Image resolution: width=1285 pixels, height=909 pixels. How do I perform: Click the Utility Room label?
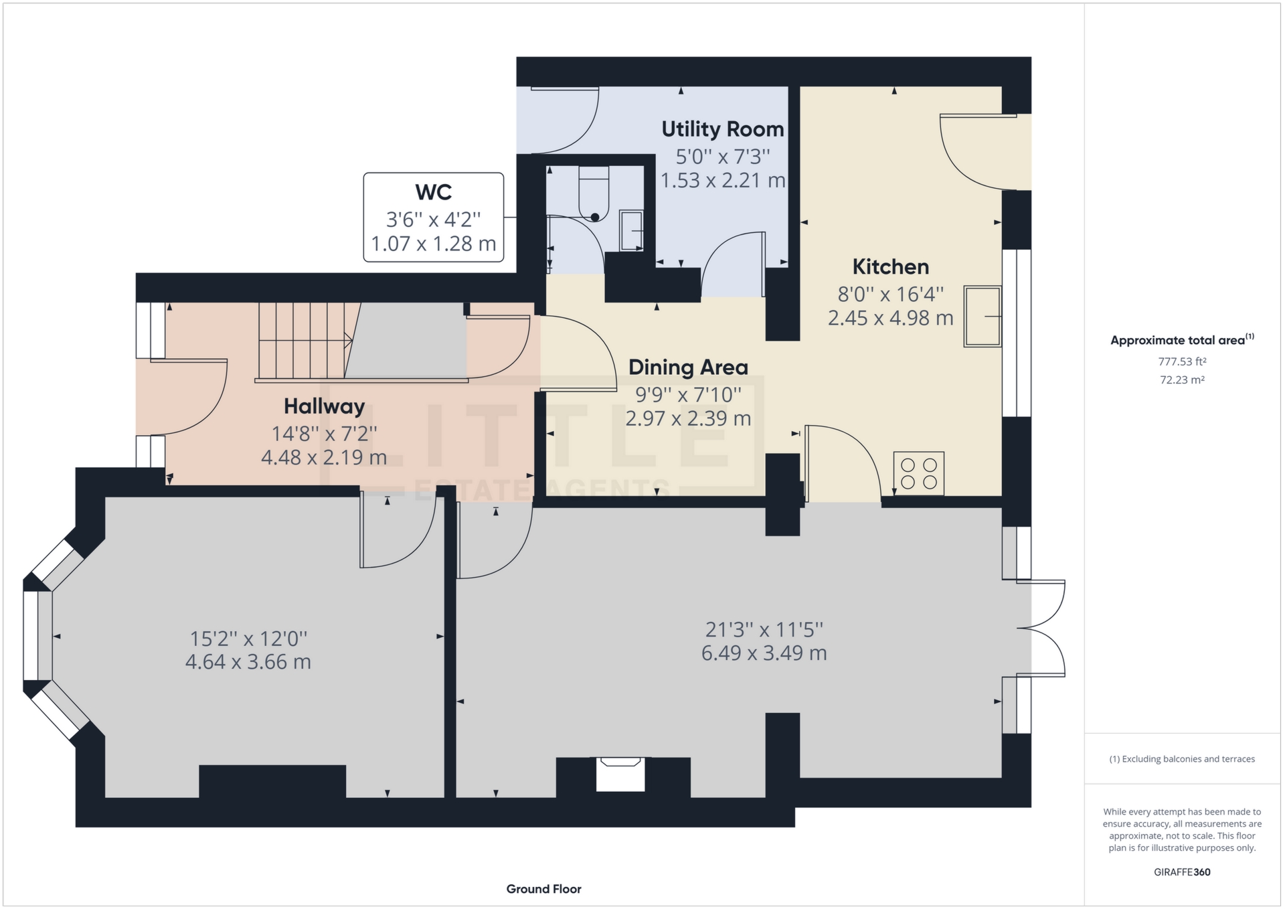pyautogui.click(x=722, y=129)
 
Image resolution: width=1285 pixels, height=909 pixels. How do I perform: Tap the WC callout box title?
pyautogui.click(x=433, y=192)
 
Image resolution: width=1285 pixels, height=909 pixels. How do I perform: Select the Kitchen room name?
pyautogui.click(x=890, y=267)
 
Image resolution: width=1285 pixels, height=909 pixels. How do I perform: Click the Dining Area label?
pyautogui.click(x=687, y=367)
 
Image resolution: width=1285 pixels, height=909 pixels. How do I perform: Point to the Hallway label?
pyautogui.click(x=324, y=406)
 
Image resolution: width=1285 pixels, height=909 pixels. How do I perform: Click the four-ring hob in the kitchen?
pyautogui.click(x=919, y=473)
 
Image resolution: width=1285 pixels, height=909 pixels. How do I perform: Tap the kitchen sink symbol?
pyautogui.click(x=982, y=317)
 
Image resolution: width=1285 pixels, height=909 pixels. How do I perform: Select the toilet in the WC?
pyautogui.click(x=594, y=195)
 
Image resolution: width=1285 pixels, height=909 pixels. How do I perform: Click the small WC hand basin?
pyautogui.click(x=631, y=230)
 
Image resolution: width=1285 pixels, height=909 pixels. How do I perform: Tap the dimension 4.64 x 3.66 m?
pyautogui.click(x=248, y=662)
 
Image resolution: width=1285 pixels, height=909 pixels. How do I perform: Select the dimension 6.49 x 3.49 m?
pyautogui.click(x=764, y=653)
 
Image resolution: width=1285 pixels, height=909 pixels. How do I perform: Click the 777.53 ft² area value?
pyautogui.click(x=1182, y=361)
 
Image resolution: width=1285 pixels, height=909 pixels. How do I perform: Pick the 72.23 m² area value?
pyautogui.click(x=1182, y=380)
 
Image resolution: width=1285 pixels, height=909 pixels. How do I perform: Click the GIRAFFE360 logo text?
pyautogui.click(x=1182, y=872)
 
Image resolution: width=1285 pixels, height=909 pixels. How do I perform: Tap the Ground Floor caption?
pyautogui.click(x=543, y=889)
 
